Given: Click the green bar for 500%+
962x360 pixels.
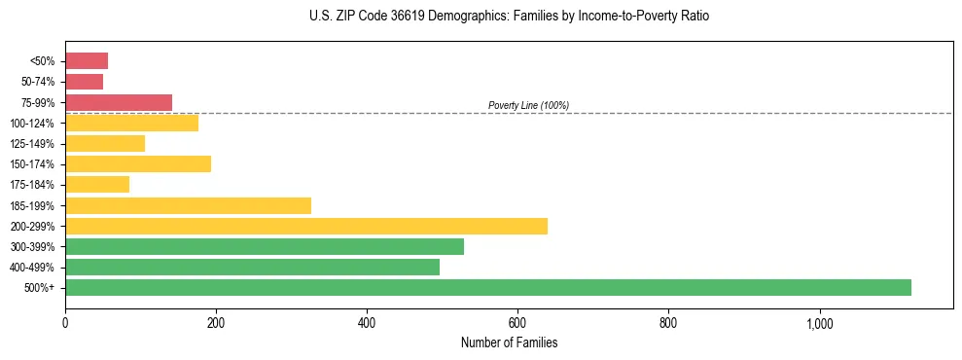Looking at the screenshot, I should click(487, 287).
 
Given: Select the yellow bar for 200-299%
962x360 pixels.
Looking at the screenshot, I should click(306, 226).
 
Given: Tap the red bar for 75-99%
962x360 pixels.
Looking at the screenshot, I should click(119, 102).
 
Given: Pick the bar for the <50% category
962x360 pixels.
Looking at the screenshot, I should click(87, 61).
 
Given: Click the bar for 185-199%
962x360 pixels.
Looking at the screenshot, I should click(188, 205).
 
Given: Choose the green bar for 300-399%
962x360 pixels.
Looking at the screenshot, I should click(265, 246).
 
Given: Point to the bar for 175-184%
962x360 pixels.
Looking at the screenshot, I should click(97, 184).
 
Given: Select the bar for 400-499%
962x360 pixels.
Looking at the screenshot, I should click(252, 267).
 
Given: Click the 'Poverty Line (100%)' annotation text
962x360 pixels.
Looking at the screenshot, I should click(528, 105).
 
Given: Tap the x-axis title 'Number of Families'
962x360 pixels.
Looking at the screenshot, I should click(509, 342).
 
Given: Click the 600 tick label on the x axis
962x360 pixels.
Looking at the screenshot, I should click(517, 323).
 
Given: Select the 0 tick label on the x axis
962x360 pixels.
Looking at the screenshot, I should click(65, 323).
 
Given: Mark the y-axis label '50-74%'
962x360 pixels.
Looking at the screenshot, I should click(40, 82).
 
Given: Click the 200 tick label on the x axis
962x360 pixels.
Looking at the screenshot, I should click(216, 323).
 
